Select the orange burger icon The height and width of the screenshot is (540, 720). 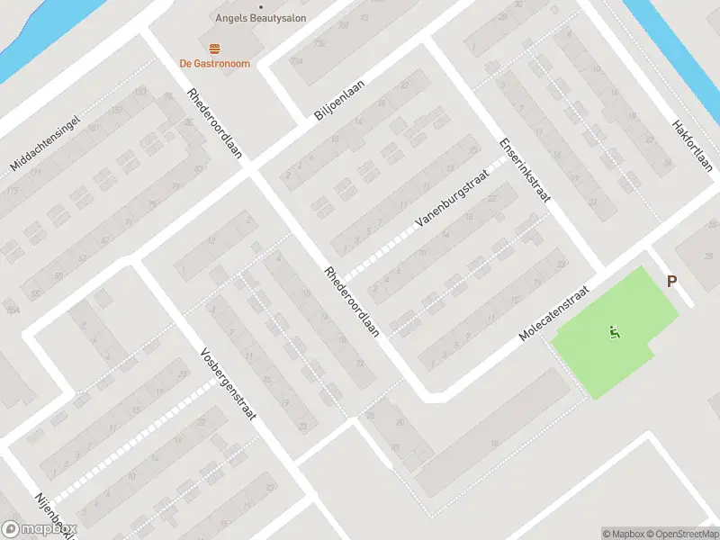(x=213, y=48)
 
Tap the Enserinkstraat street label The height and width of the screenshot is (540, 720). (x=525, y=169)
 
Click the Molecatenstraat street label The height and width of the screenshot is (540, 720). (x=553, y=314)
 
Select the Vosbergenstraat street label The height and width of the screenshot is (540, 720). (x=229, y=383)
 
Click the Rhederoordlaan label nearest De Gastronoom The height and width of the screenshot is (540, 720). (x=215, y=123)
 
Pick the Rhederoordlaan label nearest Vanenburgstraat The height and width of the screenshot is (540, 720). (x=352, y=301)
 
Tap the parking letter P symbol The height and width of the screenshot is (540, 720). (x=671, y=282)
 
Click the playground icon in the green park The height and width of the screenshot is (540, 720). (x=615, y=333)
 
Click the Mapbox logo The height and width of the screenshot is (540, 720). (x=39, y=529)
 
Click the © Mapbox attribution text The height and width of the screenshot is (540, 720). (x=623, y=534)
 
